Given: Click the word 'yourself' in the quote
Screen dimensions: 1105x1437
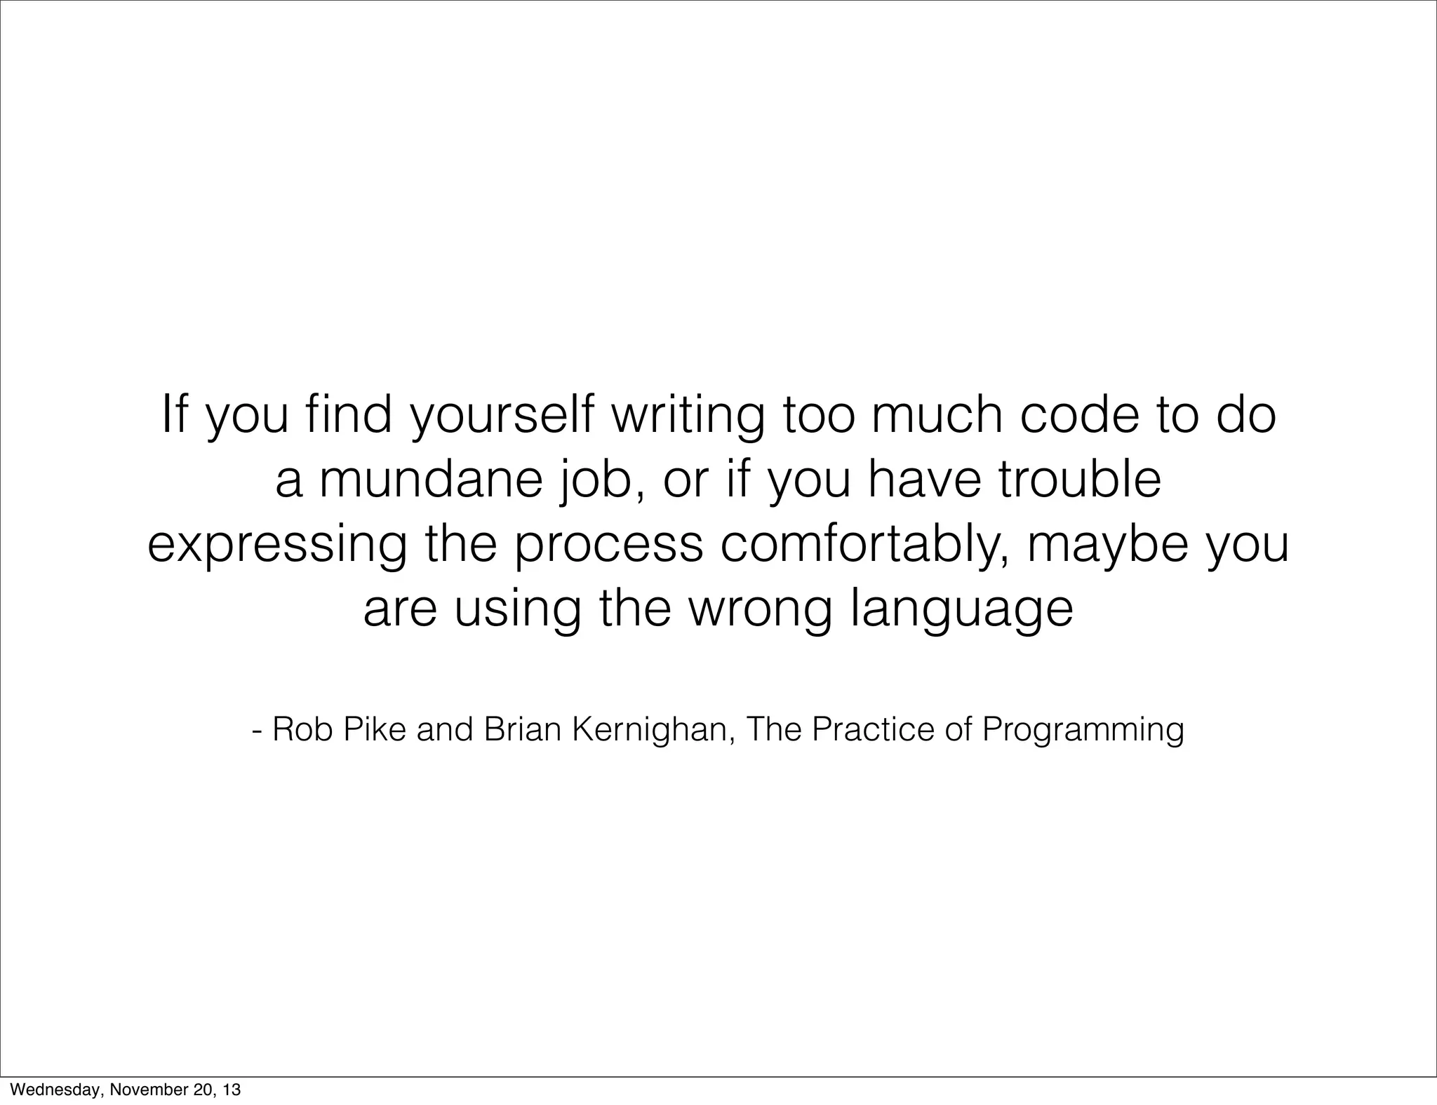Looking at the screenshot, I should point(500,416).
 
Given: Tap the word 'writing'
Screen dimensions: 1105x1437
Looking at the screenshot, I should point(688,416).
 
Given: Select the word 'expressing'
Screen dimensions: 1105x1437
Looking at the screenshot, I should point(276,546).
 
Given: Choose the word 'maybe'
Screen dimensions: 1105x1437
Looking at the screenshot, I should point(1109,545).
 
